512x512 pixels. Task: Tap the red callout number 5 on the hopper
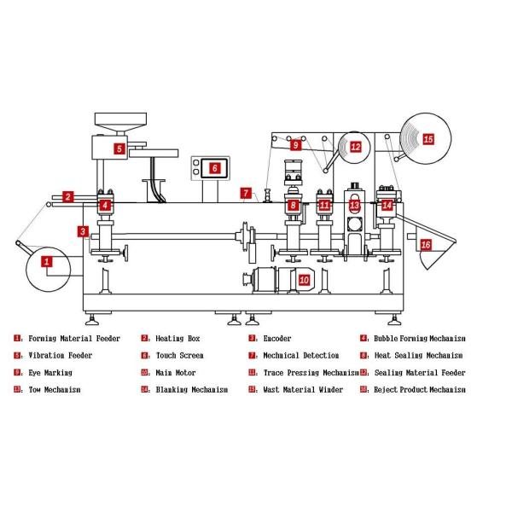(120, 148)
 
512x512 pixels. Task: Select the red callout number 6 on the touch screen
(214, 168)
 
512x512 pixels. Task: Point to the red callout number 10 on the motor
(304, 279)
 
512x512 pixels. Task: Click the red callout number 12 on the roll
(355, 147)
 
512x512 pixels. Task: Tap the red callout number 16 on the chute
(426, 245)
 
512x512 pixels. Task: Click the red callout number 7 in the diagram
(244, 194)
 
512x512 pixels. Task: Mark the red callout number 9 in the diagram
(295, 146)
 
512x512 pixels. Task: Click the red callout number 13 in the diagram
(355, 206)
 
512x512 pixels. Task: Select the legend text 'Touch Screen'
(179, 356)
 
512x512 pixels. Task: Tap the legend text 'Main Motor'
(175, 373)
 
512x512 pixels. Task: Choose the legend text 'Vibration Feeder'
(60, 356)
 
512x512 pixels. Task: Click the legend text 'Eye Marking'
(50, 373)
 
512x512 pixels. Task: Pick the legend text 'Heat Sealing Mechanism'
(418, 356)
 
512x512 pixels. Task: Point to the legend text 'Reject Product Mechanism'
(421, 390)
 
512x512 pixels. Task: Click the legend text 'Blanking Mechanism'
(192, 390)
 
